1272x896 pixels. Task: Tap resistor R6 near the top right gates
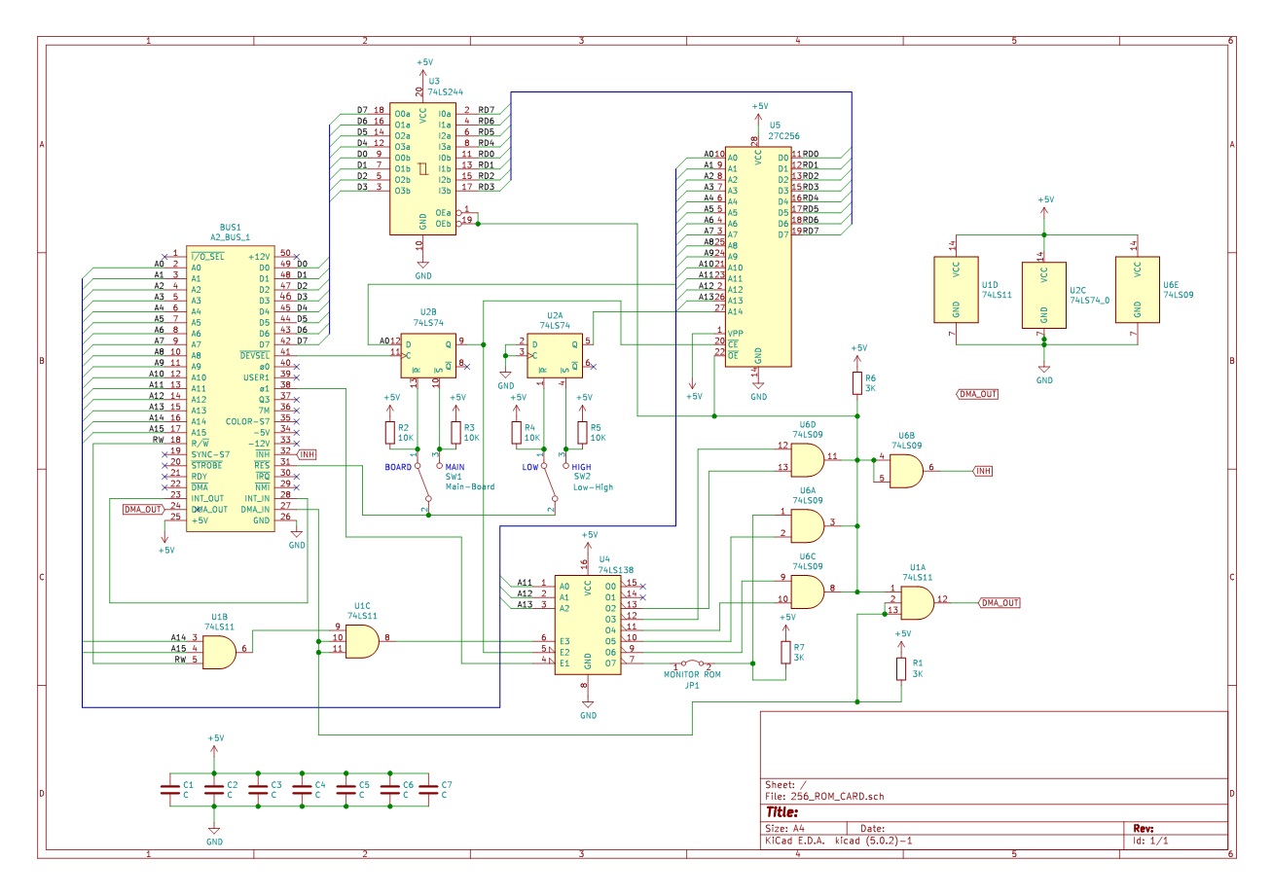857,383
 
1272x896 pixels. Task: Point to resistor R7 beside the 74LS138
785,653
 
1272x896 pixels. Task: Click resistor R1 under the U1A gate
902,668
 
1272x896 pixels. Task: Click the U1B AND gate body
217,650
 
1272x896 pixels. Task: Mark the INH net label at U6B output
983,472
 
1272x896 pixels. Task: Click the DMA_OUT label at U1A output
999,602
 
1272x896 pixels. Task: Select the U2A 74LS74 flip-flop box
554,355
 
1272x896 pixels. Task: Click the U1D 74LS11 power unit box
957,289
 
